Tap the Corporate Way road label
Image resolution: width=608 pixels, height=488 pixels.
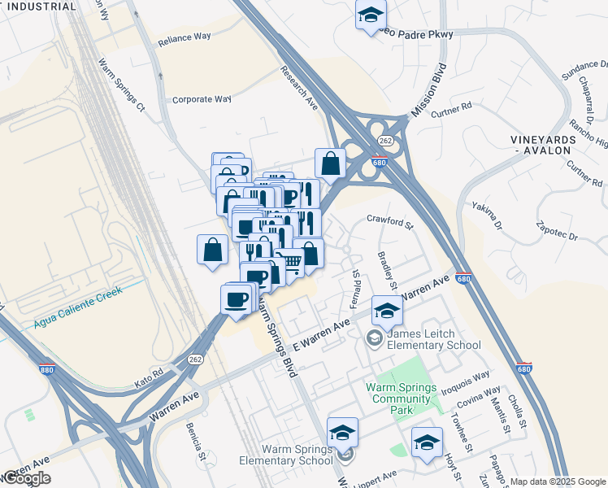(202, 99)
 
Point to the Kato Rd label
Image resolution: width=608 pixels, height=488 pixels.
(149, 375)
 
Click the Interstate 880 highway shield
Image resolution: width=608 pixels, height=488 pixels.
(46, 368)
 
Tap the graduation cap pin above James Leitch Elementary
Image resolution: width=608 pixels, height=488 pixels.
(388, 309)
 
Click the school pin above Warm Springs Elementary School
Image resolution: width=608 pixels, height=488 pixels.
(342, 432)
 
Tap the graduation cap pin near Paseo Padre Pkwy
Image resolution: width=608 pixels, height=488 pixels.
(371, 14)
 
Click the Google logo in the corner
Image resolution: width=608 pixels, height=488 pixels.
(27, 478)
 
